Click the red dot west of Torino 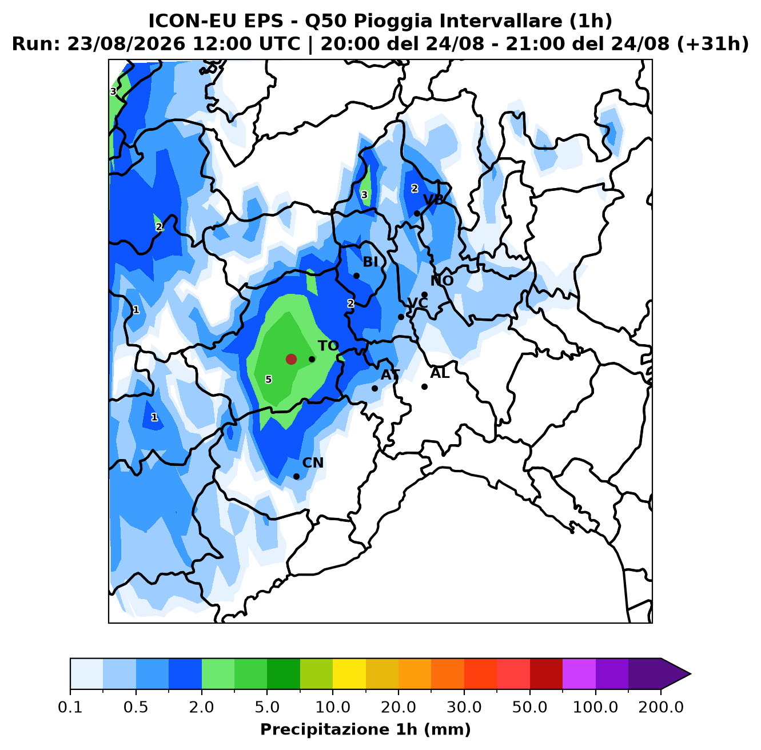pyautogui.click(x=291, y=359)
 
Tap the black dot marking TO pyautogui.click(x=312, y=359)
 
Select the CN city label pyautogui.click(x=313, y=462)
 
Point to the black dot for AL pyautogui.click(x=424, y=386)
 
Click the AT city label pyautogui.click(x=390, y=375)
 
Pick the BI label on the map pyautogui.click(x=370, y=262)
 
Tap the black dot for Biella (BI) pyautogui.click(x=356, y=276)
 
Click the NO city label pyautogui.click(x=442, y=281)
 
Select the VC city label pyautogui.click(x=417, y=303)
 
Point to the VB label pyautogui.click(x=433, y=200)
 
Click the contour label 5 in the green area pyautogui.click(x=269, y=380)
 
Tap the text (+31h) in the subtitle pyautogui.click(x=713, y=44)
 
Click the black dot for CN pyautogui.click(x=296, y=476)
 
